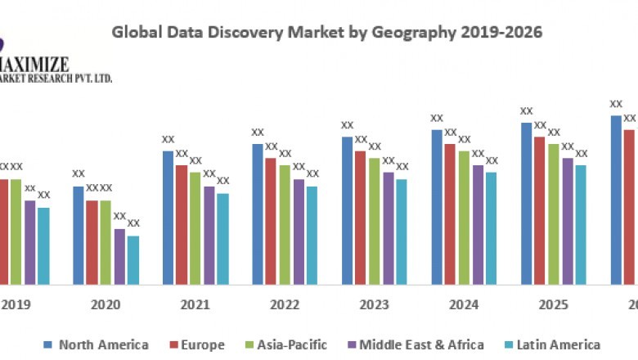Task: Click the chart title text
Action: pyautogui.click(x=327, y=32)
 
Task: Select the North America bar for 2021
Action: pyautogui.click(x=168, y=217)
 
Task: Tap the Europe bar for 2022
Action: pyautogui.click(x=271, y=221)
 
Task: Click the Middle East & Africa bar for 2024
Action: pyautogui.click(x=478, y=224)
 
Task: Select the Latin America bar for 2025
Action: pyautogui.click(x=581, y=224)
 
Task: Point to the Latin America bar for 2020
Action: pyautogui.click(x=133, y=259)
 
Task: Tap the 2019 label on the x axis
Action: pyautogui.click(x=16, y=304)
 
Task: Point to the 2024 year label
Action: pyautogui.click(x=464, y=304)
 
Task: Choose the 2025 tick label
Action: pyautogui.click(x=554, y=304)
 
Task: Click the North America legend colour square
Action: pyautogui.click(x=47, y=344)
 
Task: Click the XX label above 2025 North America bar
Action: pyautogui.click(x=527, y=111)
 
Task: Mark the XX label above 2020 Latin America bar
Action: pyautogui.click(x=133, y=223)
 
